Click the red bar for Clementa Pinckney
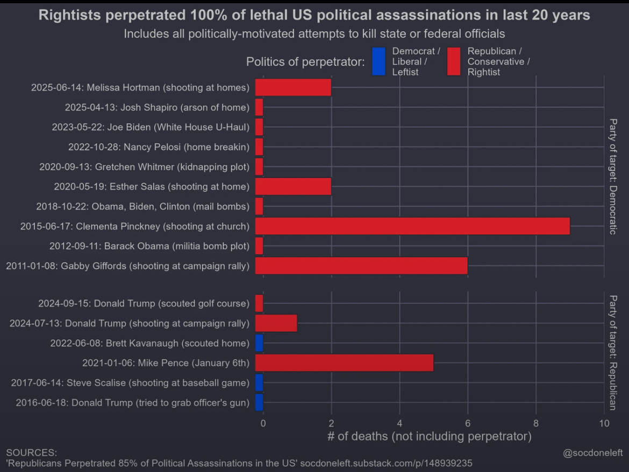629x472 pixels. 412,226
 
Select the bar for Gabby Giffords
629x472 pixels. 361,266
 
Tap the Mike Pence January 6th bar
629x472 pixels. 344,363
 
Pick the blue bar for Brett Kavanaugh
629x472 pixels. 259,343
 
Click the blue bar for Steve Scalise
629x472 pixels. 259,383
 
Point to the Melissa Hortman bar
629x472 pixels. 293,87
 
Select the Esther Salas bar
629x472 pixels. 293,186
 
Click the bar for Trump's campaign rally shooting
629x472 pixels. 276,323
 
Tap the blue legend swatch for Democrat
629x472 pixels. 378,61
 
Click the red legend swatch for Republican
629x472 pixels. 454,61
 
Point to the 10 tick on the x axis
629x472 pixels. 604,423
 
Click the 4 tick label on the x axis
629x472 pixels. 399,423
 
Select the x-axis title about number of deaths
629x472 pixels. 429,436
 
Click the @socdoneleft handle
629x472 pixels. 592,453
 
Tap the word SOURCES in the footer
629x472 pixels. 31,453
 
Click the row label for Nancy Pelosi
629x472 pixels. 159,147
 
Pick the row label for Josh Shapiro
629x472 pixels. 157,107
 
